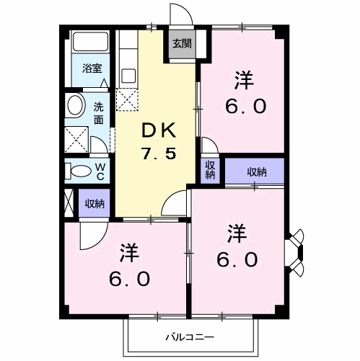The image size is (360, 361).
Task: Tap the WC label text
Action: pos(100,171)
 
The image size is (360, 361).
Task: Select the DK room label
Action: pos(158,130)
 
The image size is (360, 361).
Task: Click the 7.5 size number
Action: pos(158,153)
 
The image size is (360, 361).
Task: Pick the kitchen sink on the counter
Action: pos(129,75)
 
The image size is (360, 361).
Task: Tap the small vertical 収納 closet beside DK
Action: pos(210,170)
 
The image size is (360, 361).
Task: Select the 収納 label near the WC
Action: pos(94,203)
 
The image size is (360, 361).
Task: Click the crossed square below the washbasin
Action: pos(74,137)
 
